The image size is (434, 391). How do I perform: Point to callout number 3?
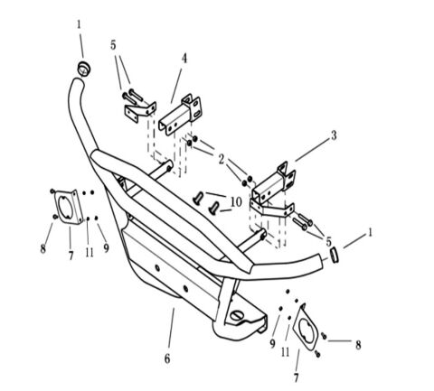333,135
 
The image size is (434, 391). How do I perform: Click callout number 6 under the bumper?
167,358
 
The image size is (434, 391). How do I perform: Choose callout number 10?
236,202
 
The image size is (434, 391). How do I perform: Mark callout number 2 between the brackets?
221,158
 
